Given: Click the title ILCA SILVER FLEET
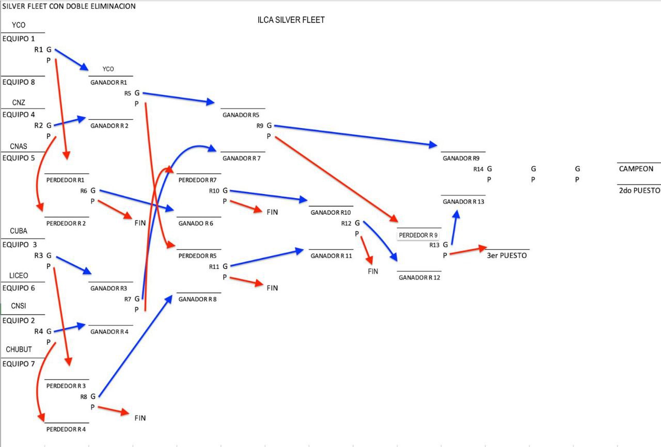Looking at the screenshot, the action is [291, 20].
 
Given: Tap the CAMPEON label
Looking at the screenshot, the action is [636, 169].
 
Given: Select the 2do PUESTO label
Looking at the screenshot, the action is [639, 190].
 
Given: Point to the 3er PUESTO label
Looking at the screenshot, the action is [507, 256].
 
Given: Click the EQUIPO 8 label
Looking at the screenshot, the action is [19, 82].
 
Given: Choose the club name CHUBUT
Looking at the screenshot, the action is [19, 349].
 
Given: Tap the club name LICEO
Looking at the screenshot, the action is [19, 276].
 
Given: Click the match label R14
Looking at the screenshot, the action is [478, 169].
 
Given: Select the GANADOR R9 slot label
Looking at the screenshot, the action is [461, 158].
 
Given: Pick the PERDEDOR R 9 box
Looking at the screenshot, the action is [418, 235].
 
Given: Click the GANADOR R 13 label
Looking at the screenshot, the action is [463, 202].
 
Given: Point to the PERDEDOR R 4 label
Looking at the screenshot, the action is [66, 429].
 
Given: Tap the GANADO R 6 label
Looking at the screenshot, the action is [196, 223].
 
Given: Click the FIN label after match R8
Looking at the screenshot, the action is [140, 418].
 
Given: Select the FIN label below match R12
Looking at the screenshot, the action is [373, 272].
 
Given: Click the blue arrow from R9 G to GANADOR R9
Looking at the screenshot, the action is [356, 135].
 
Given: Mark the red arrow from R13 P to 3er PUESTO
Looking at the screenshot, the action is [468, 250].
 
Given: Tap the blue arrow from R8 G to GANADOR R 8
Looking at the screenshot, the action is [135, 346].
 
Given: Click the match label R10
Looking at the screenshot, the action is [214, 191].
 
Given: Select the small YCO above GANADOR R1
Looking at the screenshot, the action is [108, 69].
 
